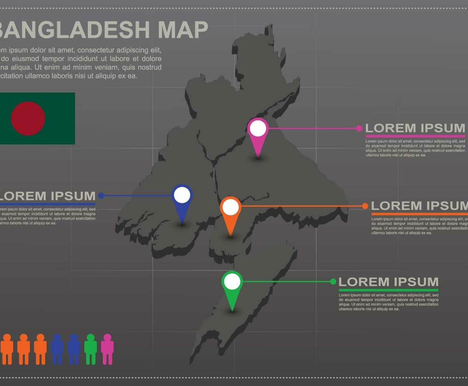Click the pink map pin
(258, 136)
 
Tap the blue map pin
(182, 202)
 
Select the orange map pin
(230, 214)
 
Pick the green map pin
(232, 289)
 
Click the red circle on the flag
(28, 118)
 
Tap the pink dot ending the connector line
(359, 128)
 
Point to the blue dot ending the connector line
(101, 195)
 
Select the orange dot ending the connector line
(365, 206)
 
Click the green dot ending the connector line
(333, 282)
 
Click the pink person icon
(107, 349)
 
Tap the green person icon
(91, 349)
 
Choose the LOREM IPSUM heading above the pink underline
(415, 128)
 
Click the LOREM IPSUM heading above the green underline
(388, 282)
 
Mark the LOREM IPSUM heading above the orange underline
(419, 206)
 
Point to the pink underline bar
(415, 136)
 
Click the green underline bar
(388, 290)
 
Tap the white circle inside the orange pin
(231, 207)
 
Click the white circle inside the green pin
(232, 282)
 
